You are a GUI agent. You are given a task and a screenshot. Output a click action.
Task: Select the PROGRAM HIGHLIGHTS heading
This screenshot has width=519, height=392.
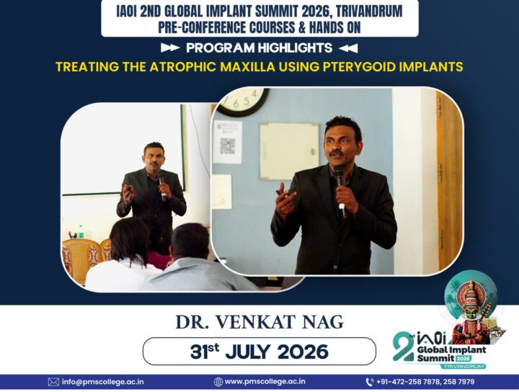(259, 48)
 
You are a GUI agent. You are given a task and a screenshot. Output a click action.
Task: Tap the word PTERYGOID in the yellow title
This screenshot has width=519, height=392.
(359, 66)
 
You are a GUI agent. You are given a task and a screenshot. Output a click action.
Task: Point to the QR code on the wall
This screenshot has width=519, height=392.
(228, 146)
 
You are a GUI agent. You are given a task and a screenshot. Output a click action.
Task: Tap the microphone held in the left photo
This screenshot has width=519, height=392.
(162, 187)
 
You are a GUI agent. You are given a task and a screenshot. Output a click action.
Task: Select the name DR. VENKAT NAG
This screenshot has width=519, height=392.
(259, 322)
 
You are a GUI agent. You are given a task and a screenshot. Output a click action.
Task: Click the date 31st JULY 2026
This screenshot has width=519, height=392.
(259, 352)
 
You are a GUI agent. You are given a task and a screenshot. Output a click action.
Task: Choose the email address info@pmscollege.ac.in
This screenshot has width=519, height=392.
(103, 382)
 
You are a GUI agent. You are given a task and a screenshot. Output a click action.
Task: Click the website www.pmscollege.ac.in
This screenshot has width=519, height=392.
(265, 382)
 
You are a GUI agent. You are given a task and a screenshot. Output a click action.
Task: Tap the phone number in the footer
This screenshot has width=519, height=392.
(425, 382)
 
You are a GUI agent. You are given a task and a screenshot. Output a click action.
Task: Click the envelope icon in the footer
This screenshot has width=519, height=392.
(53, 382)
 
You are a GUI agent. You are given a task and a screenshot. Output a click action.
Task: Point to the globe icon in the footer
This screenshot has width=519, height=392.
(218, 382)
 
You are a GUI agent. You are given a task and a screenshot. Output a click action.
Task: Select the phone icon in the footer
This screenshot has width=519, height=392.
(370, 382)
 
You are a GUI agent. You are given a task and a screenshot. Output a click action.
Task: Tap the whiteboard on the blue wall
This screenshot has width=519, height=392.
(290, 151)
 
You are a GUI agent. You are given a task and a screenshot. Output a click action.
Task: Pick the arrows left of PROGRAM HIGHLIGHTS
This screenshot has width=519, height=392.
(170, 48)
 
